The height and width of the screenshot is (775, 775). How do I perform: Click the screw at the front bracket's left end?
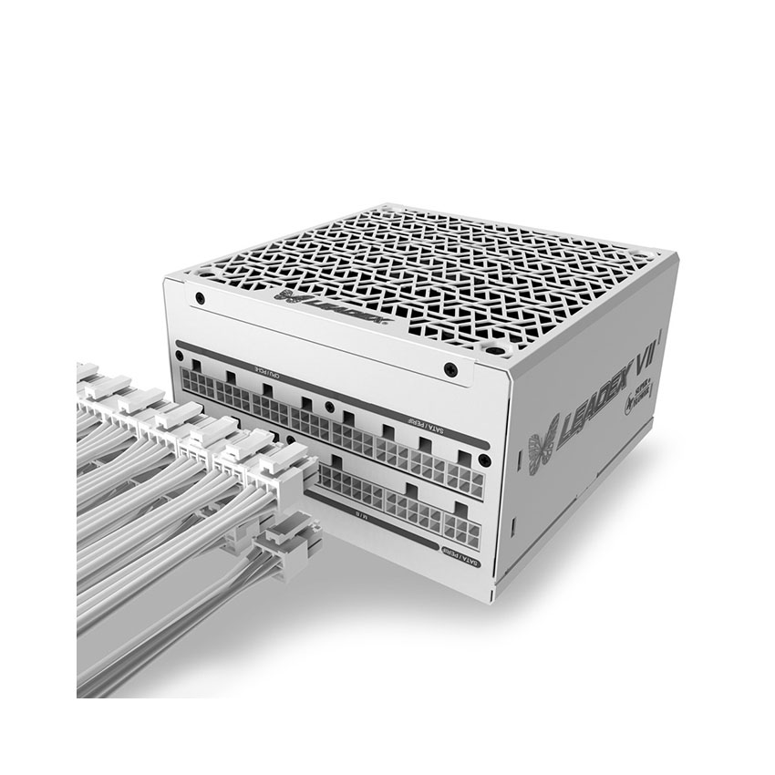[x=199, y=298]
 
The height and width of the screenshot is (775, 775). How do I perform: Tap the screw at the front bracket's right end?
[x=449, y=369]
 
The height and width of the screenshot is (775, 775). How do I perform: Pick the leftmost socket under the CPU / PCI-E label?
[x=200, y=385]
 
